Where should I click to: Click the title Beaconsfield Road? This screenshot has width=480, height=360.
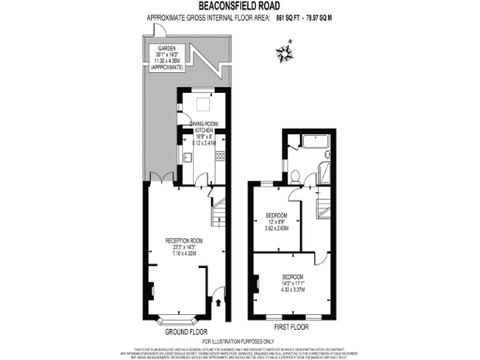point(239,7)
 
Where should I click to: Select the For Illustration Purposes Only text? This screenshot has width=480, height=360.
point(239,340)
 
